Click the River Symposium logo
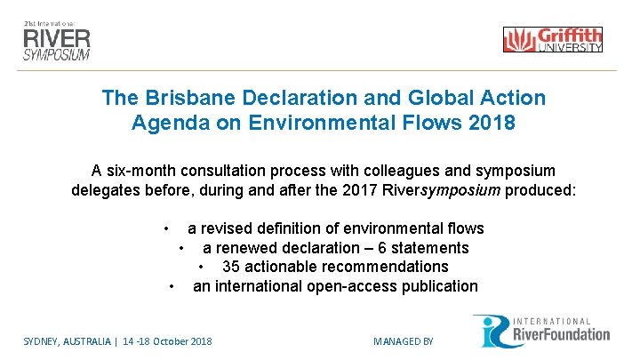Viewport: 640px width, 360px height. pyautogui.click(x=57, y=37)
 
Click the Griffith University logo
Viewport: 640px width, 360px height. pyautogui.click(x=552, y=40)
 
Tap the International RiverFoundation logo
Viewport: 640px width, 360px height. pyautogui.click(x=541, y=331)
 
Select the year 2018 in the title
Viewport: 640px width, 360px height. pyautogui.click(x=489, y=122)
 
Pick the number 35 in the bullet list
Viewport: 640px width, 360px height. pyautogui.click(x=231, y=267)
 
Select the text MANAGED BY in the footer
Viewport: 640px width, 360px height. pyautogui.click(x=403, y=340)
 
